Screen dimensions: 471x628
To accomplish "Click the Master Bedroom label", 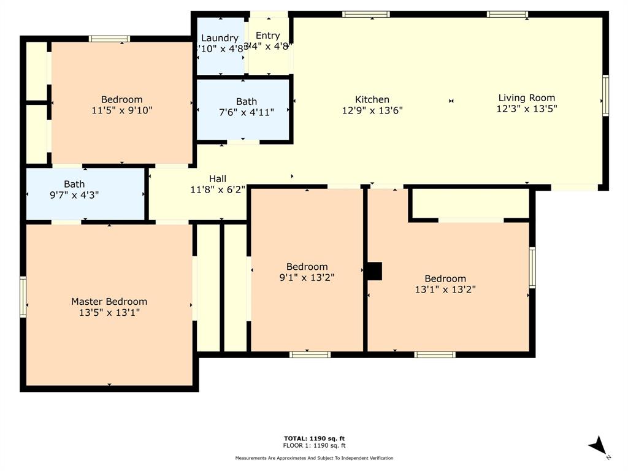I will (x=109, y=301).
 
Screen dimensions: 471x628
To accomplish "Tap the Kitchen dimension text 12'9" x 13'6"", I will (x=372, y=111).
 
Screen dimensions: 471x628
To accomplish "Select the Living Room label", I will (x=526, y=98).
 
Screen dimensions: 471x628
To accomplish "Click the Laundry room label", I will (x=220, y=38).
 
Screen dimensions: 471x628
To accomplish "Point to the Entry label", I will (x=267, y=36).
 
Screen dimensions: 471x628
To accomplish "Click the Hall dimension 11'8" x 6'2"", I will (x=218, y=190).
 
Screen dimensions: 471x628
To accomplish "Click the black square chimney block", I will (x=374, y=271).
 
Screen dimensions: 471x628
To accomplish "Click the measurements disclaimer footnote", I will (x=314, y=458).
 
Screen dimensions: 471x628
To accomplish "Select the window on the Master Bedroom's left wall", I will (x=23, y=297).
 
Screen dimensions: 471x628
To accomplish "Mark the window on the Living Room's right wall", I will (x=605, y=96).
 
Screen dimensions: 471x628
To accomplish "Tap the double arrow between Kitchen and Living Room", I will (x=451, y=101).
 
